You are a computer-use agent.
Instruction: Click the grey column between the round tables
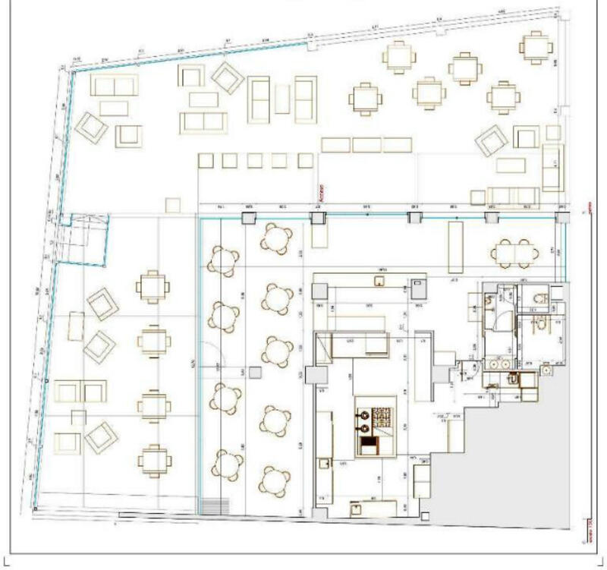[x=254, y=372]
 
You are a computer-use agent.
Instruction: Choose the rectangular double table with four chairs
[x=514, y=253]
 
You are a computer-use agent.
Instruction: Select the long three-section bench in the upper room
[x=366, y=144]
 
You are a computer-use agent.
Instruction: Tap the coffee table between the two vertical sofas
[x=282, y=99]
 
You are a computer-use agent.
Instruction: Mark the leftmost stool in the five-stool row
[x=206, y=160]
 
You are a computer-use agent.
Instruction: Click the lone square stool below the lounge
[x=173, y=205]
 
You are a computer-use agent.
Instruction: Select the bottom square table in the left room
[x=154, y=459]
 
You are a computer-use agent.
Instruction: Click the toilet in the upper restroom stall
[x=540, y=297]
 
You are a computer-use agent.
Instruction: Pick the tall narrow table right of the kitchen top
[x=455, y=247]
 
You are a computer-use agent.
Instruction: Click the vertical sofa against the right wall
[x=553, y=167]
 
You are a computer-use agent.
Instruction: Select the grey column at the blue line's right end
[x=562, y=218]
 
